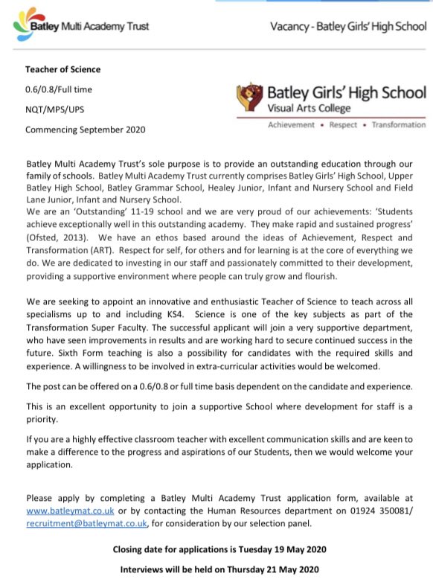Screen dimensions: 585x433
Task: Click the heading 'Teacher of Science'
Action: (x=62, y=70)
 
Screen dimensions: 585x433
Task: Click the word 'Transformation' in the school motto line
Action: (x=399, y=125)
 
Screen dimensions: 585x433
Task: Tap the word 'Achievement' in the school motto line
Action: (x=292, y=125)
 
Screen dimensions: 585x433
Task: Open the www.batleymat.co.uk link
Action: (x=60, y=512)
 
